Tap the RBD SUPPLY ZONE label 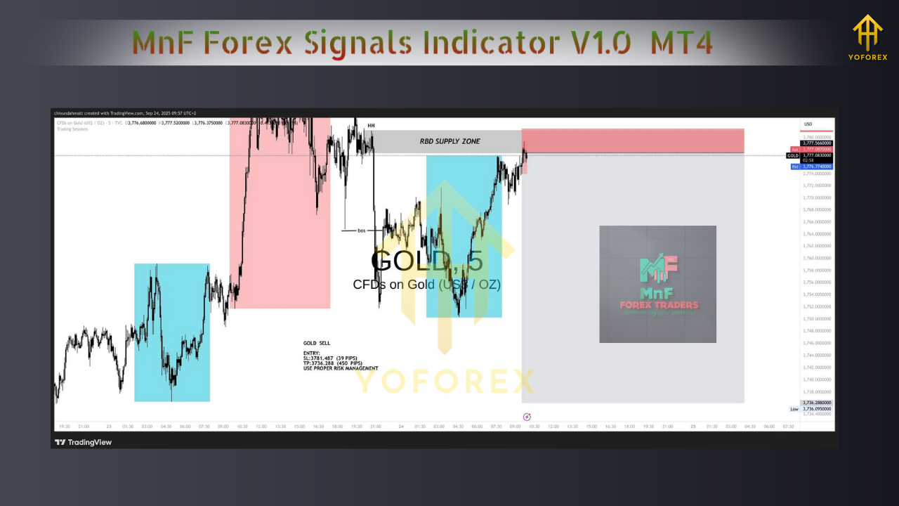(449, 141)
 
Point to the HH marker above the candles (371, 126)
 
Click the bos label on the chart (362, 231)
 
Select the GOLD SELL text (317, 343)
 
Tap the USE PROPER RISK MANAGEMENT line (341, 368)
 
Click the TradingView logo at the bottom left (84, 442)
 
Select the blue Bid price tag (795, 167)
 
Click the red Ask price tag (795, 149)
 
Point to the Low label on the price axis (794, 409)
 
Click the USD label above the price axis (808, 124)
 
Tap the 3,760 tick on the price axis (817, 258)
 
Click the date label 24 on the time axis (400, 426)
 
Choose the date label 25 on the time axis (693, 426)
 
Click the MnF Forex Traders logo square (657, 284)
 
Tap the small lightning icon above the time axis (527, 417)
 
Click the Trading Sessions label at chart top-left (73, 129)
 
